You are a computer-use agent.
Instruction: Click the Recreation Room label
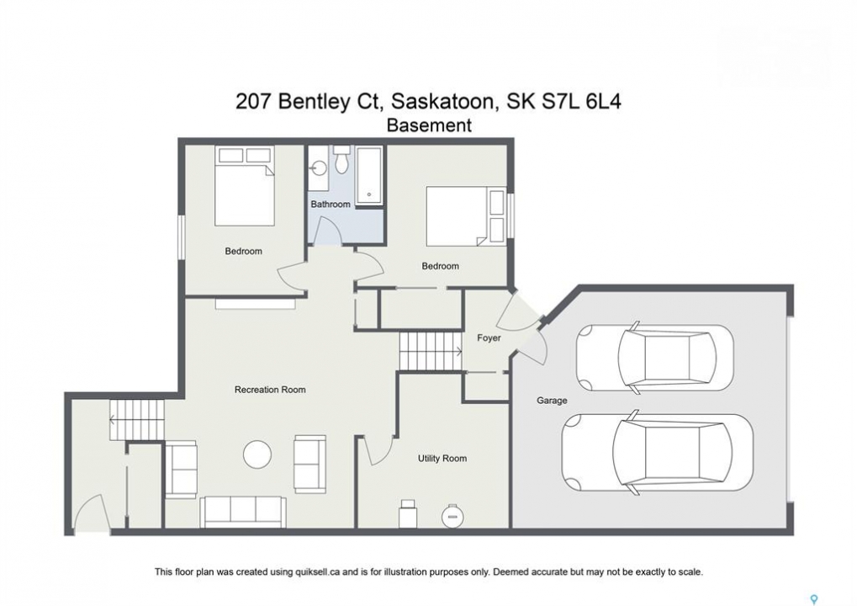tap(270, 390)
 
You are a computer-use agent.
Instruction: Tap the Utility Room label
tap(442, 459)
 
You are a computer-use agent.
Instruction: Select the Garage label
tap(552, 401)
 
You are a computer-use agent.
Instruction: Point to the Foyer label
tap(489, 338)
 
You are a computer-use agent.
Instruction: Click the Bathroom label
tap(331, 204)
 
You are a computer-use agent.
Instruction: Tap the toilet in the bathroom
tap(342, 158)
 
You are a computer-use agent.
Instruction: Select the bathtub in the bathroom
tap(369, 174)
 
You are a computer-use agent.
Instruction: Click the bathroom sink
tap(318, 167)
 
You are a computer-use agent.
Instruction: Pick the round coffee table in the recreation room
tap(257, 454)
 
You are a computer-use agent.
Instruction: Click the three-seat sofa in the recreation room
tap(243, 513)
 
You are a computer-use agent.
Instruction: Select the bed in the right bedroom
tap(466, 216)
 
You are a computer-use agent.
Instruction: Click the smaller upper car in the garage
tap(654, 358)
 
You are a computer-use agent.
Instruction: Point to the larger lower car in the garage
tap(657, 452)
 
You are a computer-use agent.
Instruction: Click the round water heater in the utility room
tap(452, 515)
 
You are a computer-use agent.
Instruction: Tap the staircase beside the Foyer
tap(431, 351)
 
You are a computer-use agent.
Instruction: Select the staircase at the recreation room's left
tap(136, 420)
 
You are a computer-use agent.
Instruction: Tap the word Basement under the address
tap(429, 125)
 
